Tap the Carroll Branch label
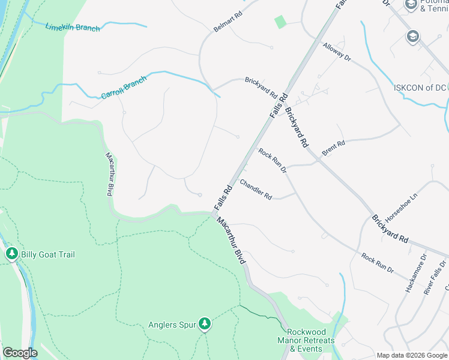tap(124, 88)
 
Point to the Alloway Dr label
tap(336, 52)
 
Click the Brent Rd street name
tap(333, 148)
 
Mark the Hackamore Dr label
tap(415, 273)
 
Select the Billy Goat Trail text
tap(48, 254)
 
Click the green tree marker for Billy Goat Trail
tap(11, 254)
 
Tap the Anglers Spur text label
tap(172, 325)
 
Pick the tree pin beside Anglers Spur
tap(205, 325)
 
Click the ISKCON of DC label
tap(420, 87)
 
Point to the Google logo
tap(20, 353)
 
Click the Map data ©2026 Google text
tap(412, 355)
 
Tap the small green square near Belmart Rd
tap(280, 22)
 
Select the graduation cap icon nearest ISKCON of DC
tap(412, 37)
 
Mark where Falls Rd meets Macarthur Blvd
tap(215, 212)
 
